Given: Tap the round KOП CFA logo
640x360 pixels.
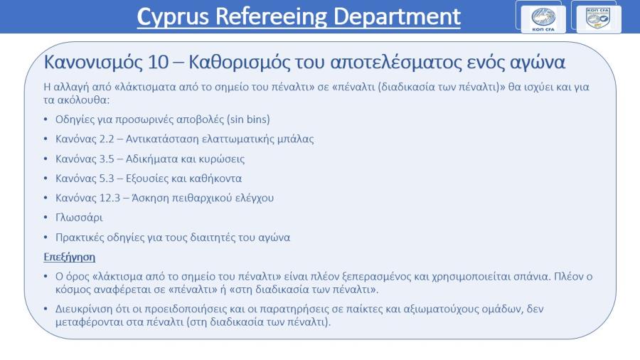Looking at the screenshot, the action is point(543,19).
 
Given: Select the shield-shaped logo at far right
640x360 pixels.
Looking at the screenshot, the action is point(598,18).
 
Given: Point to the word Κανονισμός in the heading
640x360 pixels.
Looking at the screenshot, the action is point(93,63).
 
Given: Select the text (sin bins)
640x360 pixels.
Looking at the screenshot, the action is point(249,120).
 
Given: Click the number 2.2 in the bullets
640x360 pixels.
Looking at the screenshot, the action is point(107,139).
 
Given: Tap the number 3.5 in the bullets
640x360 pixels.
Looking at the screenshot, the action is point(107,159).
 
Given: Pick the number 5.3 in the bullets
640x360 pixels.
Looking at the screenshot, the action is point(107,179).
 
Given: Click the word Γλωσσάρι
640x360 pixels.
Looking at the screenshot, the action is point(79,218).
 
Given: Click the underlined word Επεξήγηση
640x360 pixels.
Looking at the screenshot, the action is point(70,257).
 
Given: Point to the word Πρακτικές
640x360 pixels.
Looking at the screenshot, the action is point(79,237).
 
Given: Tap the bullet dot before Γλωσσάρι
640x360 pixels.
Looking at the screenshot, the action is point(46,218).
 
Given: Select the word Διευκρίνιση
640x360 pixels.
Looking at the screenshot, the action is point(83,309).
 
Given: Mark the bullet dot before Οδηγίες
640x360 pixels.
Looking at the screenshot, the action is point(46,120).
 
